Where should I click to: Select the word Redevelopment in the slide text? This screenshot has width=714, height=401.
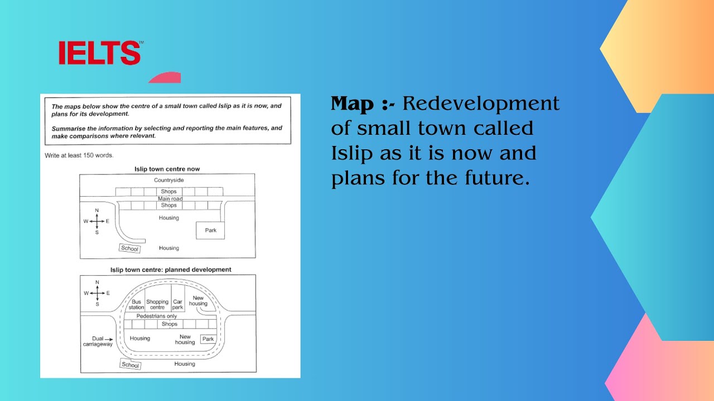click(x=481, y=104)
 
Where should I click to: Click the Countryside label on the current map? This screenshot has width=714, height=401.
click(x=168, y=180)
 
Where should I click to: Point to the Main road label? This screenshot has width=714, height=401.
click(x=170, y=199)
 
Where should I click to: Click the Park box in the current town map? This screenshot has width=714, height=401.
click(x=210, y=230)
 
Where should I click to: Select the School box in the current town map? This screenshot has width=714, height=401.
click(x=129, y=249)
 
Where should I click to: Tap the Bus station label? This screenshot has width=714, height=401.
click(x=137, y=305)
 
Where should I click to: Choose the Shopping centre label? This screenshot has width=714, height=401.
click(x=157, y=305)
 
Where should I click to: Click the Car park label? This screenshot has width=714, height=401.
click(x=177, y=305)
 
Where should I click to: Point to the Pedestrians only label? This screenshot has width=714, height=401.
click(x=157, y=316)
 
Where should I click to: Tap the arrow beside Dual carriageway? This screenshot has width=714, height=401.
click(x=109, y=339)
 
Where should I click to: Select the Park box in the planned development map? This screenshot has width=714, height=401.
click(x=208, y=339)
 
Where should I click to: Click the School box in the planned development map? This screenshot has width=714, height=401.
click(x=130, y=365)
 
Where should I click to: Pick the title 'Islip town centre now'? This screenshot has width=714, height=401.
click(x=167, y=169)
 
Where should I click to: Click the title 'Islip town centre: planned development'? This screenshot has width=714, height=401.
click(x=171, y=270)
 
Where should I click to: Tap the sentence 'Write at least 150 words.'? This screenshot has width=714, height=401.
click(x=79, y=155)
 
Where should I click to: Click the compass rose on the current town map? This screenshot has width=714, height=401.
click(x=97, y=221)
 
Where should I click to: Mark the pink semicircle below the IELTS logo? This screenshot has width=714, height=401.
click(x=165, y=78)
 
